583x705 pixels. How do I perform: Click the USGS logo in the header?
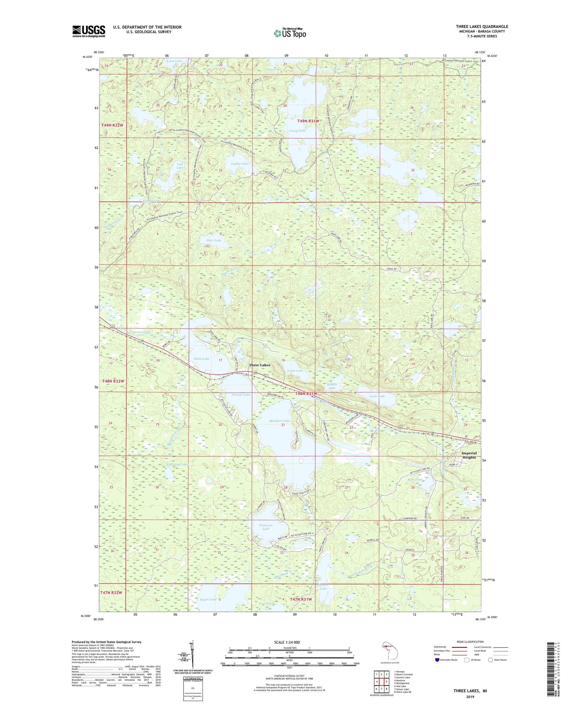pos(89,31)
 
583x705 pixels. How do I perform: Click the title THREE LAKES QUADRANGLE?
pos(482,26)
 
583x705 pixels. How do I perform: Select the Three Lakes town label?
pos(259,365)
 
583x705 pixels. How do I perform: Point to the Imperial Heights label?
pos(469,455)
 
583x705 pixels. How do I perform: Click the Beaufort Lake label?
pos(280,421)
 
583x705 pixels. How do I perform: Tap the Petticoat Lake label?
pos(265,527)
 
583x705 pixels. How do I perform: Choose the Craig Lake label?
pos(297,131)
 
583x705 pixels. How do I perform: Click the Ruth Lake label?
pos(201,359)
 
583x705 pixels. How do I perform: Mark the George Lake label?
pos(241,395)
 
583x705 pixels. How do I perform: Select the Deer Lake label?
pos(214,240)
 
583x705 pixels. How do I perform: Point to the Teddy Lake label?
pos(239,164)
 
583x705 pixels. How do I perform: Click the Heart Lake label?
pos(208,600)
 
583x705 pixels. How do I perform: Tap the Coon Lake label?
pos(377,396)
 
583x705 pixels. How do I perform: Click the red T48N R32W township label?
pos(113,381)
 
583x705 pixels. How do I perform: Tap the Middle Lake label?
pos(332,386)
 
